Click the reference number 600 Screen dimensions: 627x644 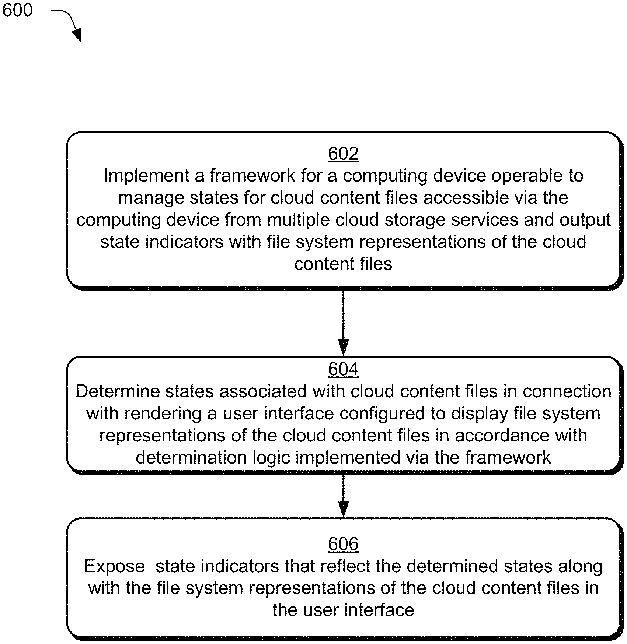point(17,10)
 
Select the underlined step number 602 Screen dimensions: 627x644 point(343,154)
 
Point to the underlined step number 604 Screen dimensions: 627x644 point(343,369)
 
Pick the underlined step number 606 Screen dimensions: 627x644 point(343,544)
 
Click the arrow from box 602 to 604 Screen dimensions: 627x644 point(343,323)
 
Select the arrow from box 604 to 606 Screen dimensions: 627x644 point(343,496)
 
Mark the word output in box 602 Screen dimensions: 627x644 point(585,220)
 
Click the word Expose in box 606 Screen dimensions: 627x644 point(114,566)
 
